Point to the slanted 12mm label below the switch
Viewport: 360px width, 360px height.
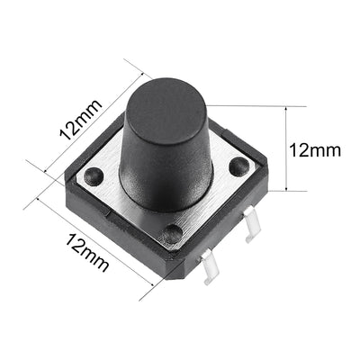point(87,249)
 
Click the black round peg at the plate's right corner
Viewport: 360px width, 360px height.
point(239,166)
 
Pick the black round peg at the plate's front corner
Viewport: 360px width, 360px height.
point(172,236)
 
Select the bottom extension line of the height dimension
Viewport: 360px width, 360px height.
point(274,191)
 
